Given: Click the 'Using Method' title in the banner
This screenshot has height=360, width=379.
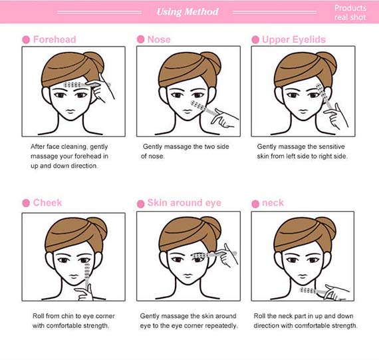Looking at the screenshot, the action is pyautogui.click(x=188, y=11).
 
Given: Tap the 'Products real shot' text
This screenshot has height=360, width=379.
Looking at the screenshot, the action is pyautogui.click(x=350, y=13).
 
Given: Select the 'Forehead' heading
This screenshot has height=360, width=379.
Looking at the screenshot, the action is pyautogui.click(x=55, y=39).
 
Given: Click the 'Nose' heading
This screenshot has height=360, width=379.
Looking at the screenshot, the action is pyautogui.click(x=159, y=39).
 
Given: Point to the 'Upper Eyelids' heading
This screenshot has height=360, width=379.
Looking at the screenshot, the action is pyautogui.click(x=294, y=40).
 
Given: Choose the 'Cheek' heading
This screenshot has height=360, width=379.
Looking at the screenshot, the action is pyautogui.click(x=47, y=202).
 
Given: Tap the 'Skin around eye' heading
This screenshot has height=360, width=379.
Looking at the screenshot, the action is pyautogui.click(x=184, y=203).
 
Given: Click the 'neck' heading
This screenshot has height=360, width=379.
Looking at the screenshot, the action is pyautogui.click(x=273, y=203).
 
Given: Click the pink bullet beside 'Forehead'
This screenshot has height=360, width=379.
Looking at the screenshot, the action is pyautogui.click(x=26, y=40).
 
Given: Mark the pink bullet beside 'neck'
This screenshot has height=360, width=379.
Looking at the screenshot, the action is pyautogui.click(x=255, y=204).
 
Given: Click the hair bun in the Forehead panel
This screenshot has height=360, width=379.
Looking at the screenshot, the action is pyautogui.click(x=96, y=62).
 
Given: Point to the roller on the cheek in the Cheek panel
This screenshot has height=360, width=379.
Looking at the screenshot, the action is pyautogui.click(x=87, y=276).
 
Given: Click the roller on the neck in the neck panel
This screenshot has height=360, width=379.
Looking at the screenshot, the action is pyautogui.click(x=313, y=291).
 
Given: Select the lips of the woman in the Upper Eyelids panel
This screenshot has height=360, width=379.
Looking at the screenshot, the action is pyautogui.click(x=303, y=111).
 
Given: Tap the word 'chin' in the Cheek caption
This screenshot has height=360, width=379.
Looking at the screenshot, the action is pyautogui.click(x=67, y=316).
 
